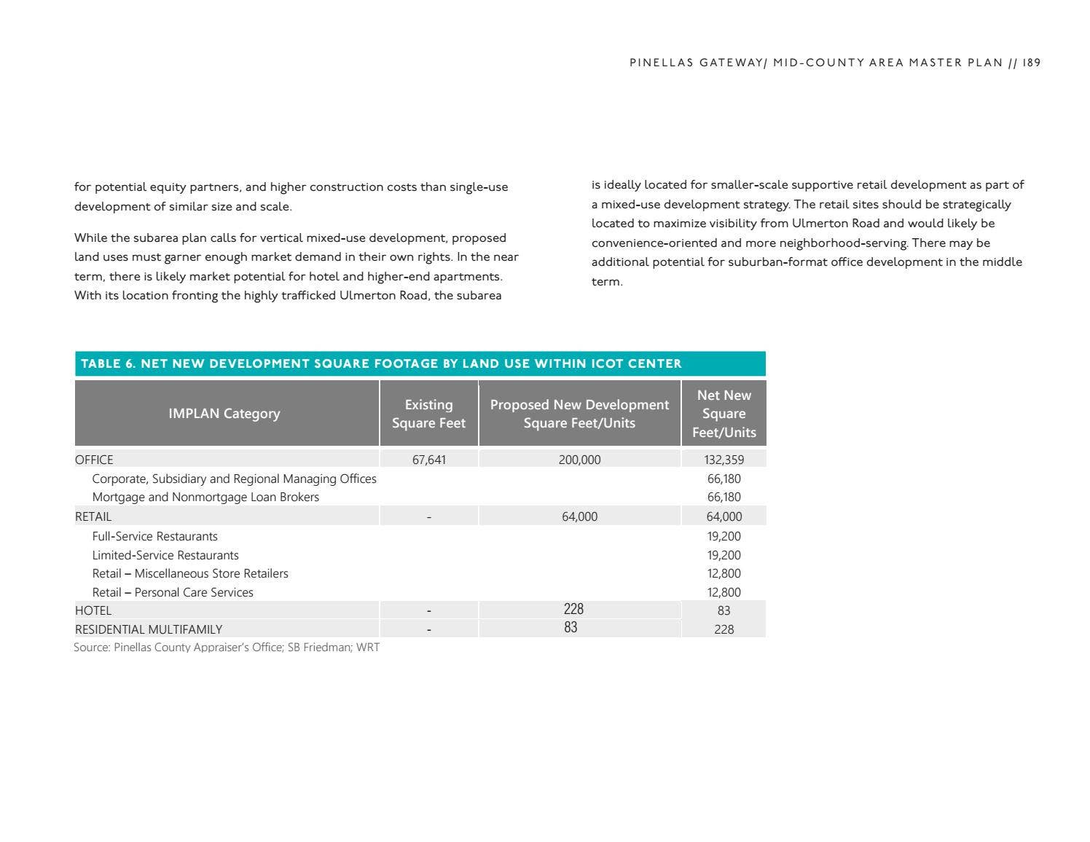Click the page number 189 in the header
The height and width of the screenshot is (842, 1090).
pos(1031,63)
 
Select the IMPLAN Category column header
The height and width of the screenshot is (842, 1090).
pos(224,414)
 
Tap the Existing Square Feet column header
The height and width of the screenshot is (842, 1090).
pos(428,414)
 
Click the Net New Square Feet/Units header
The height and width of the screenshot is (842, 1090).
pos(724,414)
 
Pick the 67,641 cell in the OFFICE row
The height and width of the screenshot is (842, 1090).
pos(428,460)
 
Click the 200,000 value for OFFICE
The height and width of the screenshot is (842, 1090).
pos(579,460)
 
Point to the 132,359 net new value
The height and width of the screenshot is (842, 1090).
pos(724,460)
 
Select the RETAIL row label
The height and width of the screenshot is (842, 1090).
pos(93,516)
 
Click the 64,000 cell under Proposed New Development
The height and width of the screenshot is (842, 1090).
pos(579,516)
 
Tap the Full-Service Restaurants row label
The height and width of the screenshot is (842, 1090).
pos(154,536)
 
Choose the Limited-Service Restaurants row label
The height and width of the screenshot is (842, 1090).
pos(165,555)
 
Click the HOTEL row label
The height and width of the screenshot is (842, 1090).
pos(93,610)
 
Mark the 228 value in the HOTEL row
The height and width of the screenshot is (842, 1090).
pos(573,609)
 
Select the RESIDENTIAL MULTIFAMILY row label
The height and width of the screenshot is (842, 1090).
pos(149,629)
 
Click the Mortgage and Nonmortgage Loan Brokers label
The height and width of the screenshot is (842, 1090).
pos(205,497)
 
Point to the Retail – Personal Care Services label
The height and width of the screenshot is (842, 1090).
pos(173,593)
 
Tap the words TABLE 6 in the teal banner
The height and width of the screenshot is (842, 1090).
pos(107,363)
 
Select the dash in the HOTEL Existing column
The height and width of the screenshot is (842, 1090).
pos(428,610)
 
